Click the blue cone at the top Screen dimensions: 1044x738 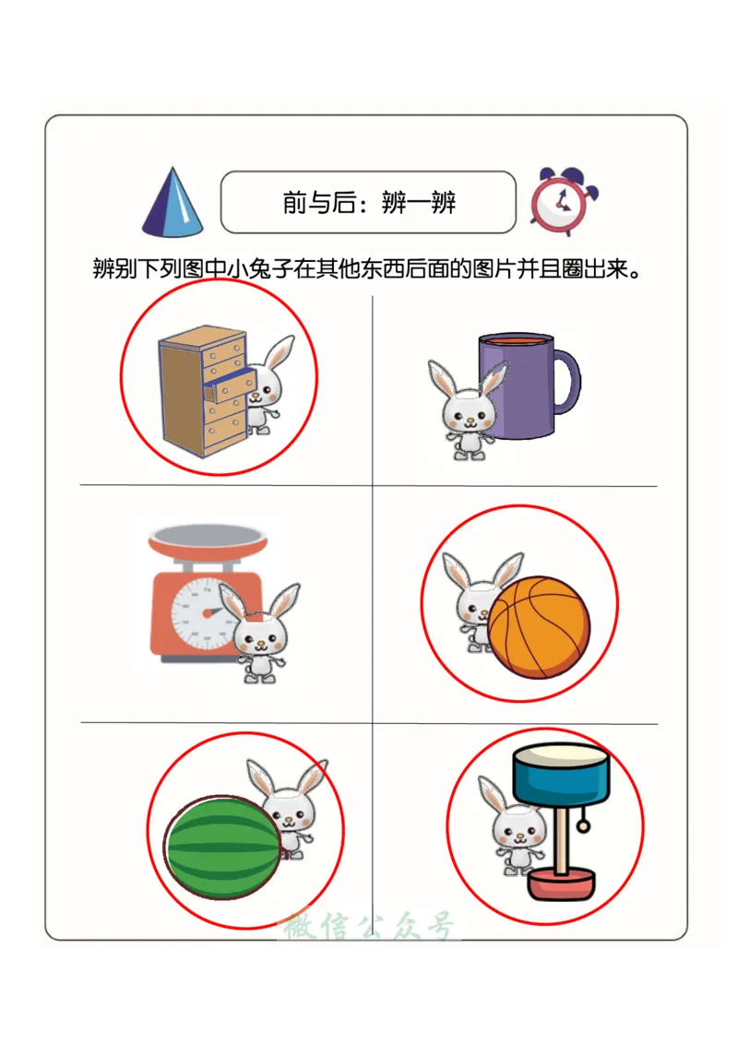tap(173, 205)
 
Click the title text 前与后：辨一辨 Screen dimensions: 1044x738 tap(368, 202)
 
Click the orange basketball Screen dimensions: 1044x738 tap(538, 627)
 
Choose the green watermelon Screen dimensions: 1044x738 tap(222, 848)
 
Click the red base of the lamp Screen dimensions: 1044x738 tap(561, 886)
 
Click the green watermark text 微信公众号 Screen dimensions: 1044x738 tap(369, 926)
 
